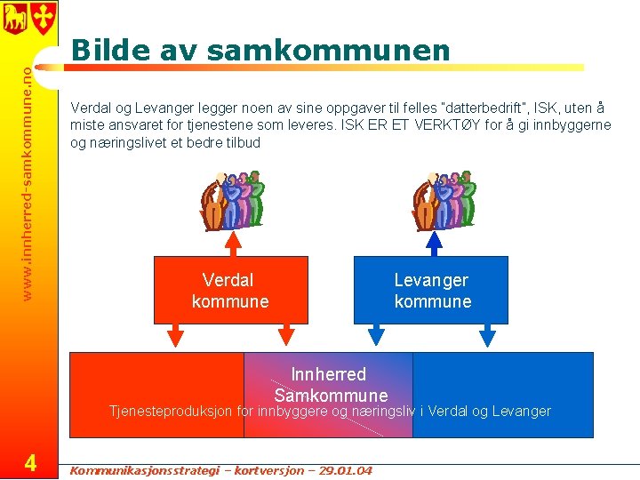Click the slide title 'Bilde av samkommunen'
(260, 50)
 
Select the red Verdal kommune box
(230, 291)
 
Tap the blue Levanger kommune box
(432, 291)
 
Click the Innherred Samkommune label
(331, 384)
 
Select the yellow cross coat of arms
(43, 16)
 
